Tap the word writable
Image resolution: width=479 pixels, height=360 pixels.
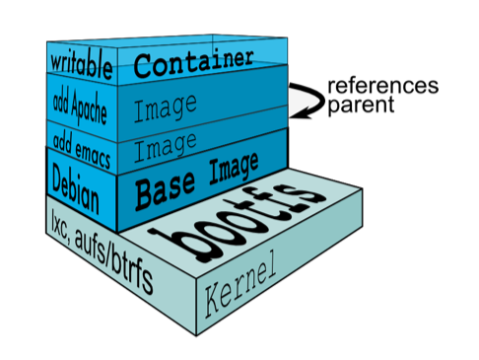coord(81,65)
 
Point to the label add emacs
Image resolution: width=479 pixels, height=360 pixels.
coord(82,150)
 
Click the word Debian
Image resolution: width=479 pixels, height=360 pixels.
coord(75,188)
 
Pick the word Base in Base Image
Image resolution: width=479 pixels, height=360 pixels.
coord(166,191)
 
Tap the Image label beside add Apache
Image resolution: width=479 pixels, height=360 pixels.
coord(166,108)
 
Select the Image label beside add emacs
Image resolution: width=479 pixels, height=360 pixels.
coord(166,146)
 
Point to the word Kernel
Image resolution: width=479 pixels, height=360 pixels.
coord(239,283)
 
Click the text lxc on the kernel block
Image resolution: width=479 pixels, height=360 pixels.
coord(59,224)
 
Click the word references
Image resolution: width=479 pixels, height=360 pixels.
coord(383,86)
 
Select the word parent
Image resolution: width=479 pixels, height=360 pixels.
coord(361,106)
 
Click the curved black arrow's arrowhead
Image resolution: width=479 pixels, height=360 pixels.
coord(298,113)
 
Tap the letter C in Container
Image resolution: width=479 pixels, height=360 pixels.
coord(143,67)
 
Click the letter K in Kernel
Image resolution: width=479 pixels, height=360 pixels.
coord(214,301)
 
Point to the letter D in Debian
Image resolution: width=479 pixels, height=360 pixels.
coord(58,180)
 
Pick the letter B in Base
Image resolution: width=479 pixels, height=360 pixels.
coord(145,196)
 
